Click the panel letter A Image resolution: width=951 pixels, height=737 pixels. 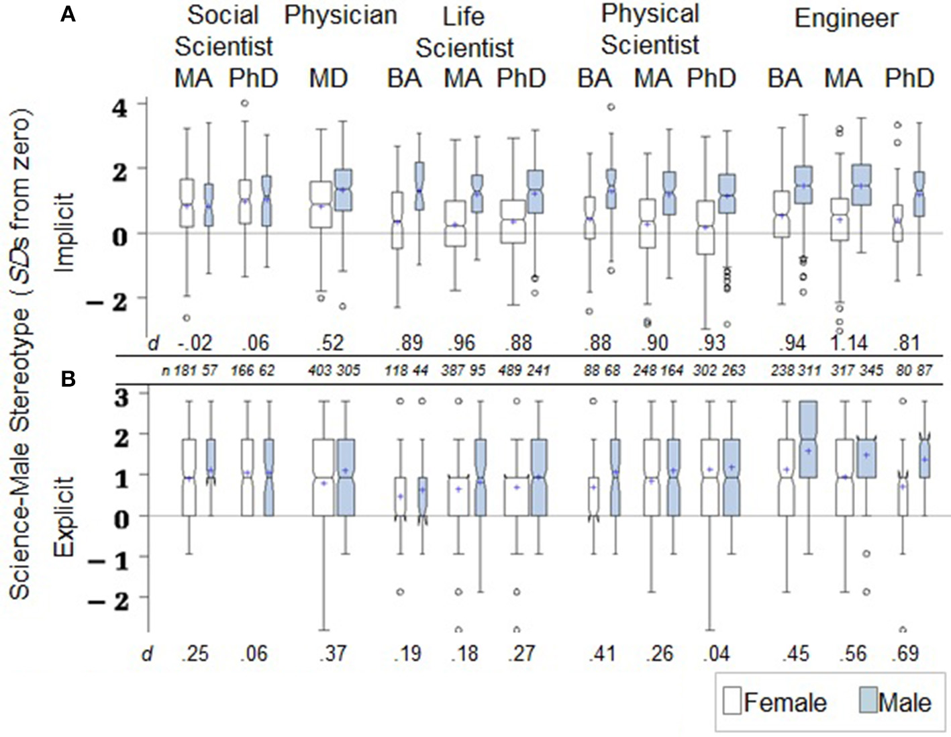[x=68, y=14]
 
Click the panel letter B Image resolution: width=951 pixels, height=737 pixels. [x=68, y=379]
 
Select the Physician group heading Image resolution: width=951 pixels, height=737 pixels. [x=340, y=15]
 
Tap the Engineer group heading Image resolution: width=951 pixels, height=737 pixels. [x=846, y=18]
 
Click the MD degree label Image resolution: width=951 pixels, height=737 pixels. [x=328, y=79]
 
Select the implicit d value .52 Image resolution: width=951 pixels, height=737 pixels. [x=330, y=343]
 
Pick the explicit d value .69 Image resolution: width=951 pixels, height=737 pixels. [x=907, y=653]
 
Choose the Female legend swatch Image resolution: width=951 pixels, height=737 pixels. [x=732, y=702]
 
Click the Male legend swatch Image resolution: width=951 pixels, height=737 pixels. [x=868, y=702]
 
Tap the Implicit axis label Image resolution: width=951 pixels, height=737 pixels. [x=64, y=232]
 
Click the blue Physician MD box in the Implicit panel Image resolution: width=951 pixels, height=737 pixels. [x=344, y=190]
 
